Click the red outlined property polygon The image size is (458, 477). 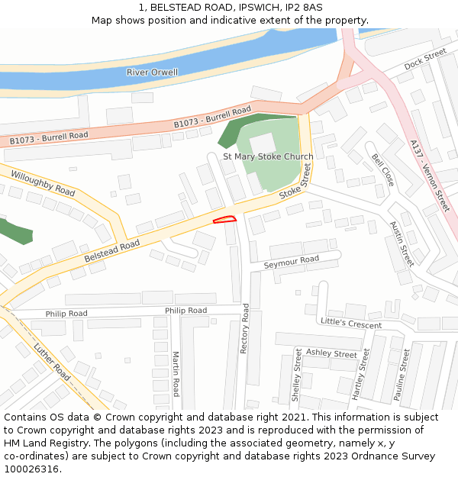click(225, 221)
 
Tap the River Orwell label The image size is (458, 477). click(152, 73)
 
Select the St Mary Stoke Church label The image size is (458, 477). click(267, 156)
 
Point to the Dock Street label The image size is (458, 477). click(424, 60)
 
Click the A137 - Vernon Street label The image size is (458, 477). click(430, 176)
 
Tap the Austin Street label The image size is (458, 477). click(402, 243)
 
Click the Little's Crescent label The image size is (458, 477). click(350, 324)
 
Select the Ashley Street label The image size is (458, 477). click(331, 353)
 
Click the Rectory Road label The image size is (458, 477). click(245, 328)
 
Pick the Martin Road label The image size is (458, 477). click(176, 374)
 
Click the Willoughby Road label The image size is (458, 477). click(43, 183)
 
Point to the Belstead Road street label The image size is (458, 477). click(111, 251)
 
